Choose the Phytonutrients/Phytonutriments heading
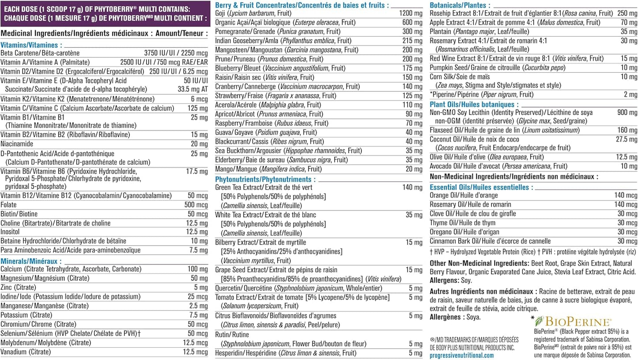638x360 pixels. point(265,179)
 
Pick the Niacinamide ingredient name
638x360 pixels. point(17,144)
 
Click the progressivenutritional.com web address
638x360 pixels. point(461,355)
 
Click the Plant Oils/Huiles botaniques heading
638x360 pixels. point(468,104)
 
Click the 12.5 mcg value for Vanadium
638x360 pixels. point(195,352)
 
